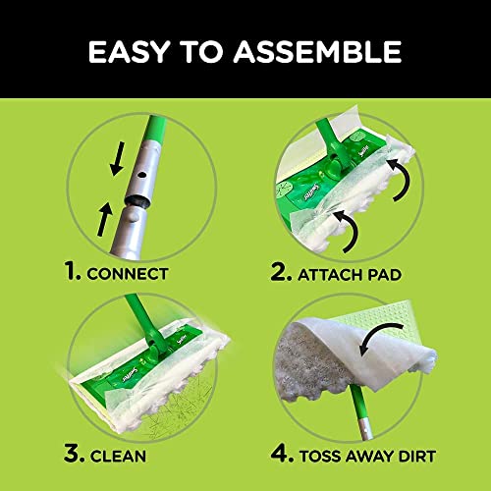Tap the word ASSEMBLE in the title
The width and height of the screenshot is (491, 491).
pyautogui.click(x=325, y=50)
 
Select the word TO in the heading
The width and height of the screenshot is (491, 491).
pyautogui.click(x=207, y=50)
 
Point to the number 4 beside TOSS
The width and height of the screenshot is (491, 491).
pyautogui.click(x=279, y=455)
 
